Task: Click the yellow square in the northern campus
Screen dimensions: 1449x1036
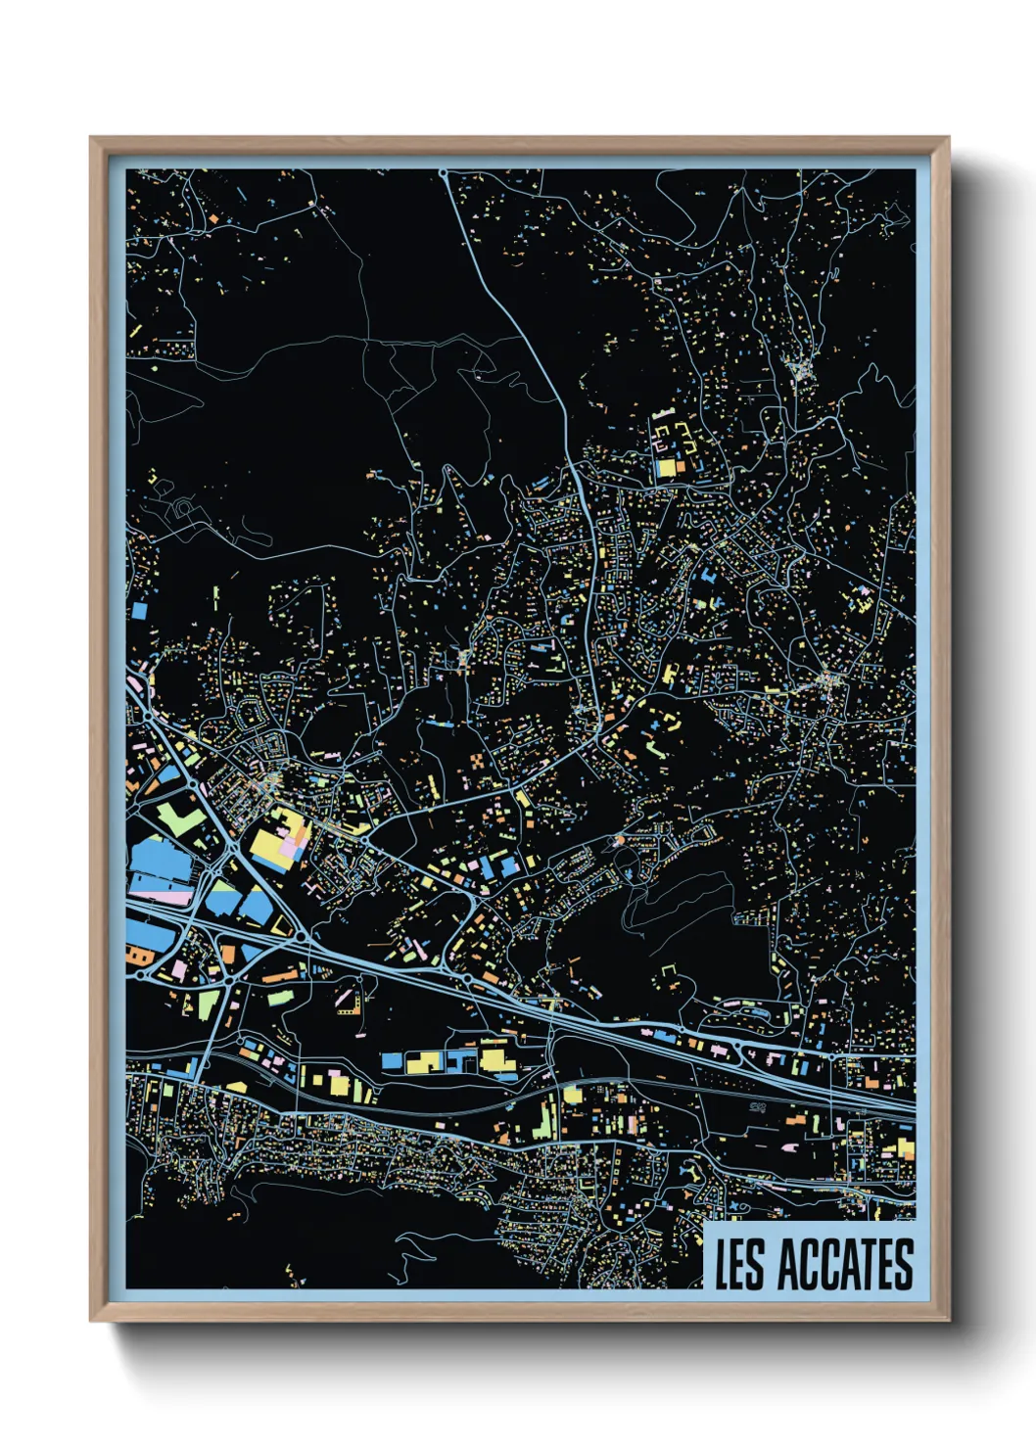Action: (666, 468)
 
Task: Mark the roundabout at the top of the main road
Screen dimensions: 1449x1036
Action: (444, 174)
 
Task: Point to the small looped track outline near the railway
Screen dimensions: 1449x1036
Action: (757, 1107)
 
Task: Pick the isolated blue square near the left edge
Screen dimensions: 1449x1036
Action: (139, 609)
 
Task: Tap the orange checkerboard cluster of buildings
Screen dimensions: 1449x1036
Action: (475, 760)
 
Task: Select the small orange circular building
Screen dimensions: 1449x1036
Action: (617, 841)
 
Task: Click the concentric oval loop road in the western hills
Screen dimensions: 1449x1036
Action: (181, 509)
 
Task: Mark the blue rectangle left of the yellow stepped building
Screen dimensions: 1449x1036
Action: (392, 1060)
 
